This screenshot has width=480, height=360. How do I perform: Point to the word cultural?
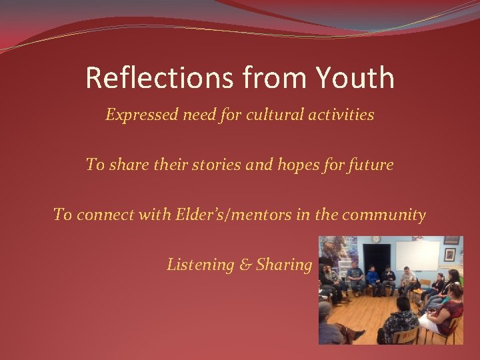pos(272,115)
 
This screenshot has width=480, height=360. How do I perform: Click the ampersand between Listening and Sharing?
pos(245,265)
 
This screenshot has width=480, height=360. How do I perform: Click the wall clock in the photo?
pos(376,240)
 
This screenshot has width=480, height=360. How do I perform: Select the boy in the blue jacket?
pos(373,277)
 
